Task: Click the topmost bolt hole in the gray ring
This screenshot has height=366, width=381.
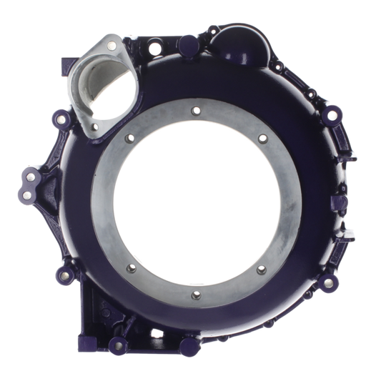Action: click(195, 110)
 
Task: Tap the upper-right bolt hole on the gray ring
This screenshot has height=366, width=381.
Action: click(262, 137)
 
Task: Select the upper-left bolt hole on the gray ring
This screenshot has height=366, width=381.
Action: click(129, 138)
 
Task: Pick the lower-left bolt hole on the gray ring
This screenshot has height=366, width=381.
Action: click(129, 269)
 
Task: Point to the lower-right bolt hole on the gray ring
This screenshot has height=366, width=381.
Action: click(260, 269)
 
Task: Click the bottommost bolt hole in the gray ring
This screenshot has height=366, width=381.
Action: click(195, 295)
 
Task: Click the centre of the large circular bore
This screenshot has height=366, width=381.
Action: click(195, 203)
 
